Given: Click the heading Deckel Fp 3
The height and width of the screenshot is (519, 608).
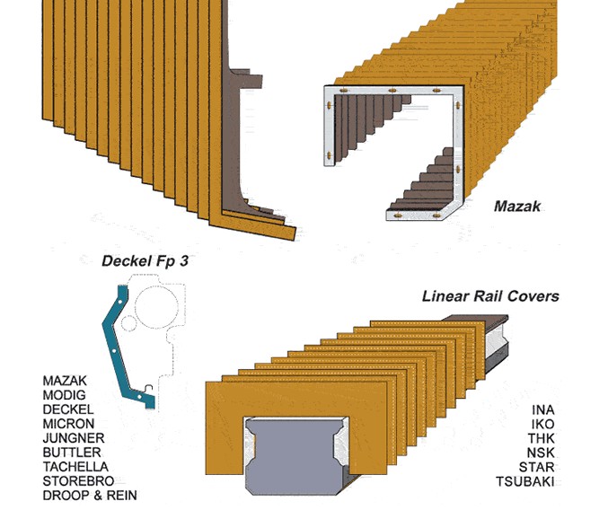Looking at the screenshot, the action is [x=145, y=261].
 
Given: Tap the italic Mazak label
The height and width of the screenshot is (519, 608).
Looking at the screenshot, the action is [x=517, y=206].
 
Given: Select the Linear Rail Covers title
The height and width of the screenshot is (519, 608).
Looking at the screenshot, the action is [x=490, y=296].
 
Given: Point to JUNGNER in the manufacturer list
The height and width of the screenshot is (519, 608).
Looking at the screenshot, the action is [x=74, y=438].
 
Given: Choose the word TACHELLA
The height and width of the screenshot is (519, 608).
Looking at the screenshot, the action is [x=75, y=467].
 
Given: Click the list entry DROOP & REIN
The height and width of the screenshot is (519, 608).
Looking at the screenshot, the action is [x=90, y=496].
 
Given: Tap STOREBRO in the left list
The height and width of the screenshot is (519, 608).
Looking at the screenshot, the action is [x=78, y=481].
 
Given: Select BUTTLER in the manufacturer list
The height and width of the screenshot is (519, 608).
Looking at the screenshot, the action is [x=72, y=453].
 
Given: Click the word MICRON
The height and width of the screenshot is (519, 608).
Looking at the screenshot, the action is [x=68, y=424].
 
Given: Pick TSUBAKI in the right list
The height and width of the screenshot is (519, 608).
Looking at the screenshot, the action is [x=525, y=482].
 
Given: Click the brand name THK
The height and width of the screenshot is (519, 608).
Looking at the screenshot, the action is [x=542, y=438].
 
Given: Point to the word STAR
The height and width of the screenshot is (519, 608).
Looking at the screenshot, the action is [x=537, y=467].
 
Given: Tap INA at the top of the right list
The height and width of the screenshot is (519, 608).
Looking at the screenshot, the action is [x=543, y=409].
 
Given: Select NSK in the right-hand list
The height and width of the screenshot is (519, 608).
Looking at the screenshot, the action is [x=541, y=453].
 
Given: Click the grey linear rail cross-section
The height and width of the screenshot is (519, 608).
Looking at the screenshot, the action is [x=295, y=457].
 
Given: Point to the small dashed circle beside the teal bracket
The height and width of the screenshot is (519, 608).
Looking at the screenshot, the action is [x=128, y=323].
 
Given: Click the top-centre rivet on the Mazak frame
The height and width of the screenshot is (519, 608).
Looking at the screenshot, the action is [x=392, y=91].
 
